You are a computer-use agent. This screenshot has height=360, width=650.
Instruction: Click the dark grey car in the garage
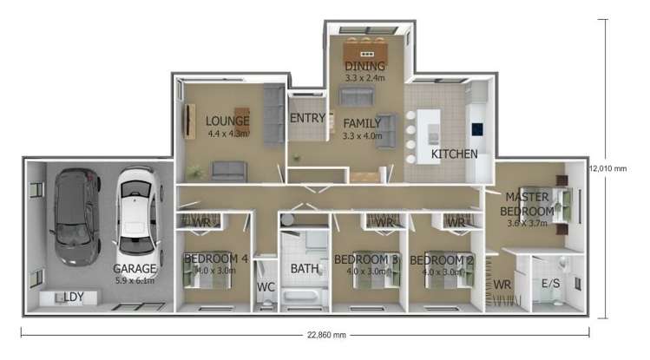[x=72, y=217]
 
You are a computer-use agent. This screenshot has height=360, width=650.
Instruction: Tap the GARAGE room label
[x=135, y=270]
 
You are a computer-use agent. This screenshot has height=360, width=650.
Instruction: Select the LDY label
[x=73, y=298]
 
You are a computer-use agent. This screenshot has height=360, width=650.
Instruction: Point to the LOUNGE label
[x=227, y=121]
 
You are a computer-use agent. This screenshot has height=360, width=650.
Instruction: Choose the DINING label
[x=364, y=66]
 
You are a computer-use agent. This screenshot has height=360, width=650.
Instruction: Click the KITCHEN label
[x=455, y=154]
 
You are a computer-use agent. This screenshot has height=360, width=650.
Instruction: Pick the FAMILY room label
[x=362, y=123]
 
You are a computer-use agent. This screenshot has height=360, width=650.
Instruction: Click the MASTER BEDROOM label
[x=529, y=204]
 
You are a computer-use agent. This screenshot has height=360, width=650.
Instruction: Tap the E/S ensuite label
[x=551, y=283]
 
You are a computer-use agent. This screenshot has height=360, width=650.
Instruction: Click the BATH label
[x=305, y=269]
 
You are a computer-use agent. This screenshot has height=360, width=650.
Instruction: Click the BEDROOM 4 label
[x=215, y=259]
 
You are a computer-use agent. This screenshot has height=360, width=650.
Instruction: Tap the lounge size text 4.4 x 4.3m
[x=228, y=134]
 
